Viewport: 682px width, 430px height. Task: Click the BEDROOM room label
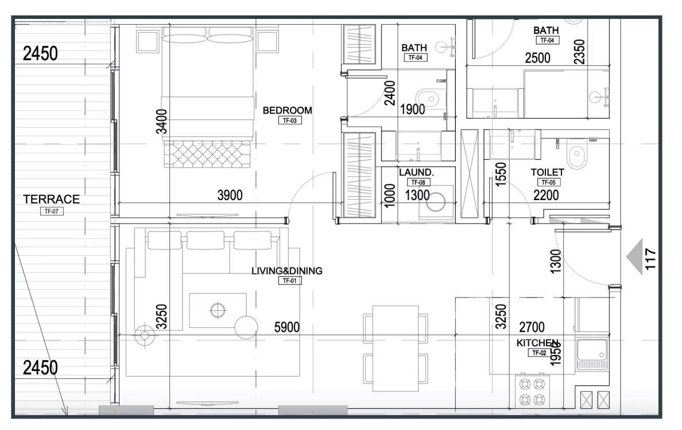tap(287, 110)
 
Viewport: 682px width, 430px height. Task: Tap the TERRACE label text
tap(51, 200)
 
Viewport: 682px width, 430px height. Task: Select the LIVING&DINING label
tap(287, 271)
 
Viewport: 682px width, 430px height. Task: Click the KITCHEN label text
tap(537, 343)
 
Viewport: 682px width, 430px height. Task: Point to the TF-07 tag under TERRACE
tap(51, 212)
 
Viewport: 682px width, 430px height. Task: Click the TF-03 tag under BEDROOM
tap(290, 121)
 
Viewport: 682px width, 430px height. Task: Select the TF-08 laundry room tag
tap(418, 182)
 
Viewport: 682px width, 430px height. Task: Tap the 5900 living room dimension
tap(286, 327)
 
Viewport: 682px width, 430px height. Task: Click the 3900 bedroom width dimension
tap(230, 195)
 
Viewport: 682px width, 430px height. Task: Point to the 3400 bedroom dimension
tap(161, 122)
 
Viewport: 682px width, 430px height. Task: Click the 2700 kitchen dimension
tap(532, 327)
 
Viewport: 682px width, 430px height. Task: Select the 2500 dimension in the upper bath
tap(537, 58)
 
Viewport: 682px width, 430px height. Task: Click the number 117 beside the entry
tap(650, 259)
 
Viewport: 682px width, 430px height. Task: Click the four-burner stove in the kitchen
tap(532, 392)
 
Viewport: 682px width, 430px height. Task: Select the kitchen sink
tap(592, 354)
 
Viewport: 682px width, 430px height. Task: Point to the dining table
tap(396, 349)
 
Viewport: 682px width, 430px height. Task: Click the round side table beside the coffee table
tap(246, 327)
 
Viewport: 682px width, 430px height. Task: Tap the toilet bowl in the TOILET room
tap(577, 153)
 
